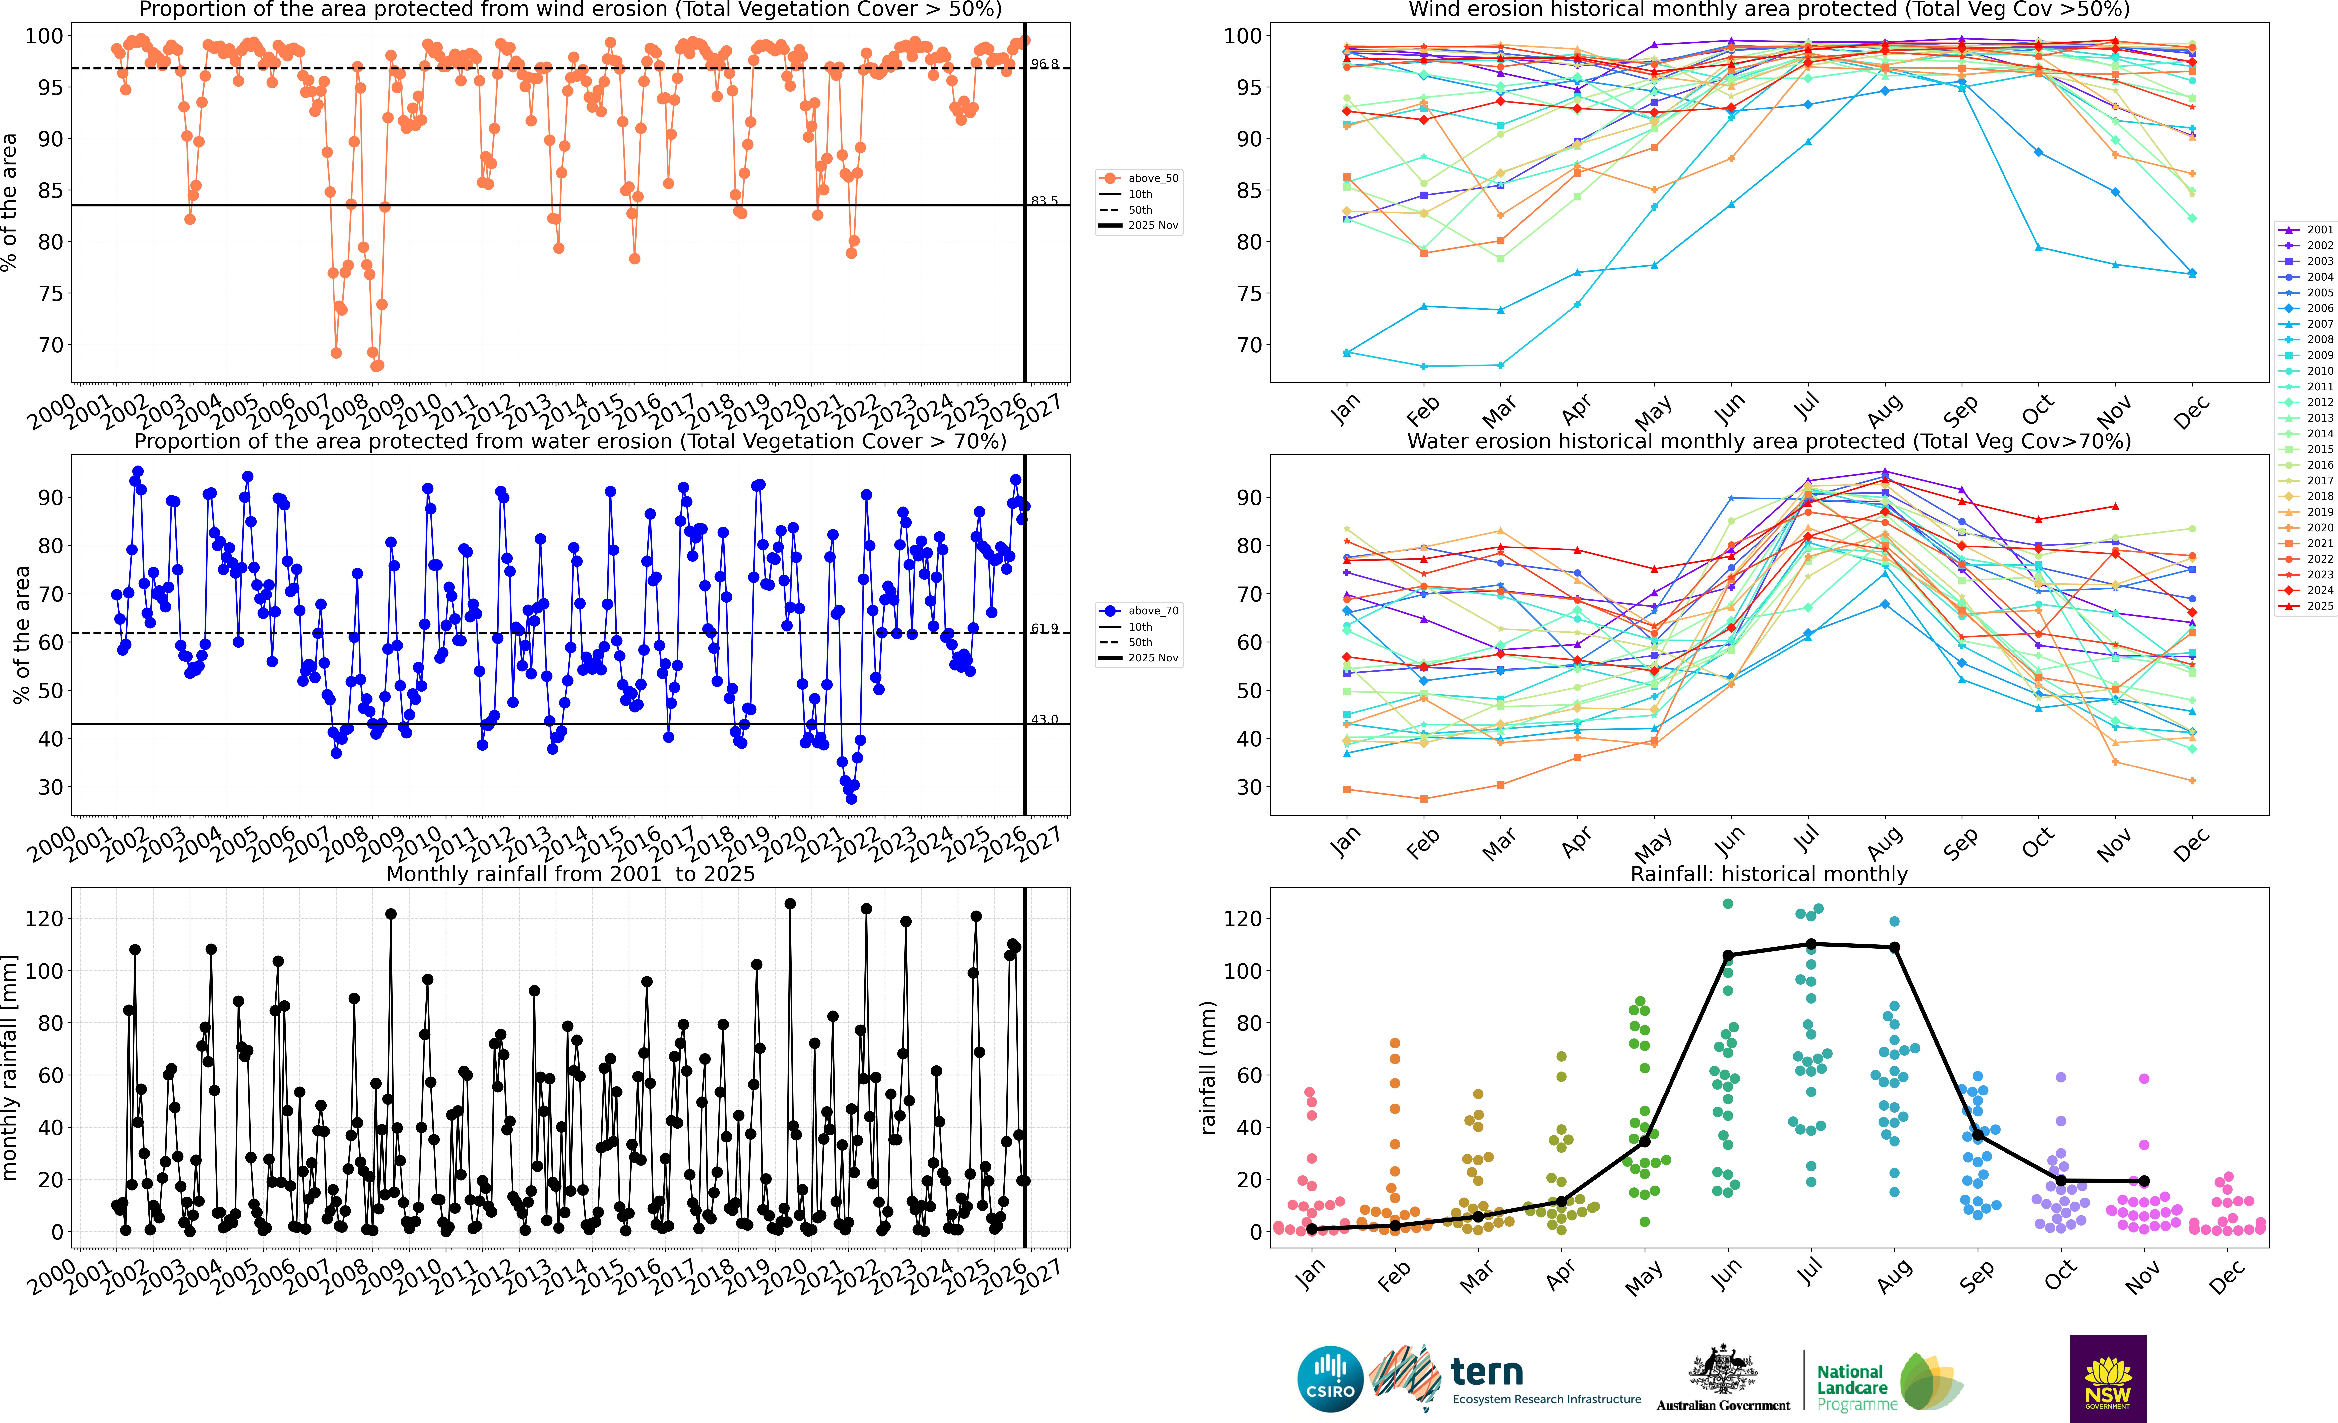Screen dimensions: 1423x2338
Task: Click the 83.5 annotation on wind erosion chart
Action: click(1045, 201)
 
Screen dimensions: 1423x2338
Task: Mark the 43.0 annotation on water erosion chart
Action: click(1045, 720)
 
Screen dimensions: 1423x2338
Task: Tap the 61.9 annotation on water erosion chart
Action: click(1045, 629)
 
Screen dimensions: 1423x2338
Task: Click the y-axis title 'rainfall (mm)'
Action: click(1208, 1067)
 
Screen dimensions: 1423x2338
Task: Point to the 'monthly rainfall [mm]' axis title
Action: click(9, 1067)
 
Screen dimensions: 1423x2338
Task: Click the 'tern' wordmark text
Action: click(1487, 1372)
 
